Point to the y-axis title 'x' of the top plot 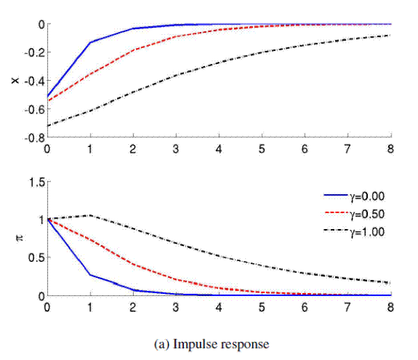click(x=15, y=81)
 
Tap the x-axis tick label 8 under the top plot click(x=391, y=148)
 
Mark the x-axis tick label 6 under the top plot click(x=304, y=148)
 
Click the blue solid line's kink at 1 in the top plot click(x=90, y=42)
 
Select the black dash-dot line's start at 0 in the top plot click(x=47, y=126)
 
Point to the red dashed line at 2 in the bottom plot click(x=133, y=265)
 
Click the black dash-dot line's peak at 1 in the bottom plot click(x=90, y=215)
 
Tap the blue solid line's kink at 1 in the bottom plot click(x=90, y=275)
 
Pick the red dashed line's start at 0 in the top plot click(x=47, y=102)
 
